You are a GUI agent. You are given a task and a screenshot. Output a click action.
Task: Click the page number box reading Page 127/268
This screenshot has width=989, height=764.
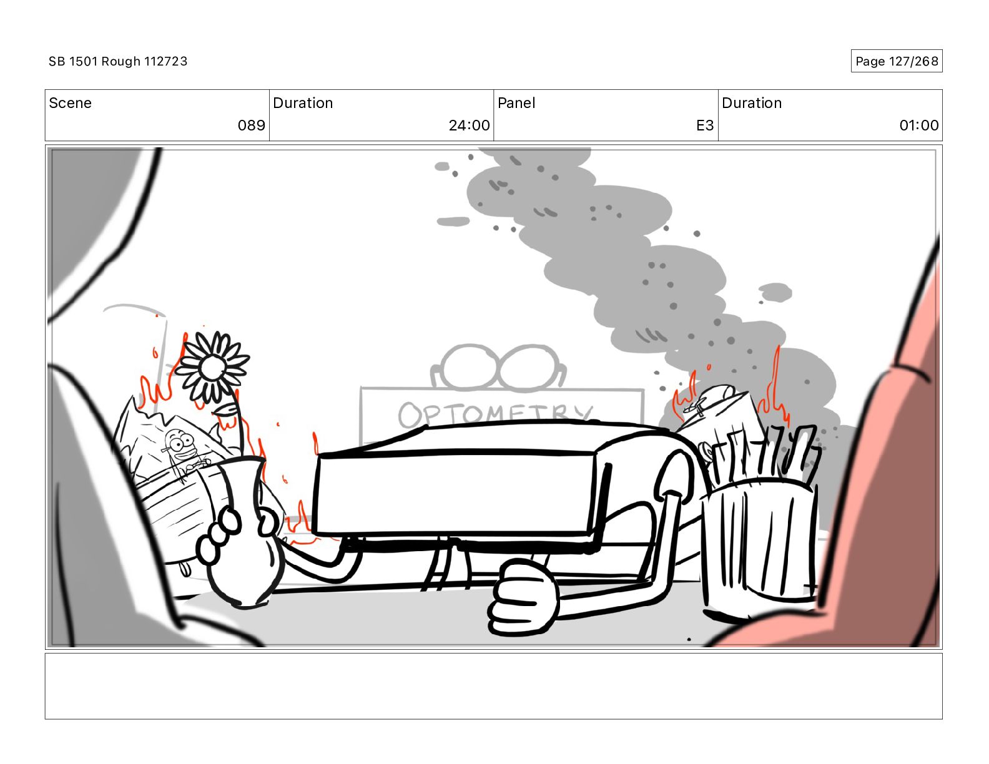coord(896,61)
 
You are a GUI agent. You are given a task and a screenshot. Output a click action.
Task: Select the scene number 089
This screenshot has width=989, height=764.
coord(251,125)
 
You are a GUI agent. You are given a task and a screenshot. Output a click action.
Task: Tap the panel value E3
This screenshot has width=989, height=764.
coord(704,125)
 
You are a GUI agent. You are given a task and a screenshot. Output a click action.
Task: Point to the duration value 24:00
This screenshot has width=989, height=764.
coord(469,125)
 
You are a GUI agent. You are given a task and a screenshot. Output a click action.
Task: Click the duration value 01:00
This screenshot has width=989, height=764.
coord(918,125)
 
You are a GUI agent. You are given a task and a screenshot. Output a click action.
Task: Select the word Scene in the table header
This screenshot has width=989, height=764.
coord(70,103)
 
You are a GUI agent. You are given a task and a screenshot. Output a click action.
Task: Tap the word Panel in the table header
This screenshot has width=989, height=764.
coord(516,103)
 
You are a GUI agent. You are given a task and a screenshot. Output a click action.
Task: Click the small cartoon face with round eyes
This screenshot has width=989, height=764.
coord(180,445)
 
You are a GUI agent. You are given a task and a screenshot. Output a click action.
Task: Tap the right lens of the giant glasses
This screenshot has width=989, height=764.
coord(528,368)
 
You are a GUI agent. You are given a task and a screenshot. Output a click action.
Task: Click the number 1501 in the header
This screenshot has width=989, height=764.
coord(82,61)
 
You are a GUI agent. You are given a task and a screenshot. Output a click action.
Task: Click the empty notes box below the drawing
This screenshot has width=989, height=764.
coord(493,686)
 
